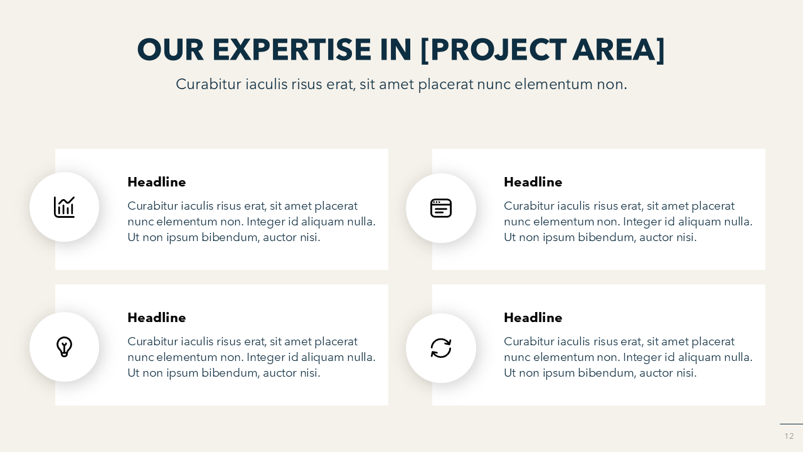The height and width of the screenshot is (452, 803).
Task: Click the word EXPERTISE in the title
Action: tap(292, 50)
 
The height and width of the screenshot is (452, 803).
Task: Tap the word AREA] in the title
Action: tap(619, 50)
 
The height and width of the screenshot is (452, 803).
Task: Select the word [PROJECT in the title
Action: tap(494, 50)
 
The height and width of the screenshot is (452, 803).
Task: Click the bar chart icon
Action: tap(65, 207)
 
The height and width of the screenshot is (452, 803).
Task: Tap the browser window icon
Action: tap(441, 208)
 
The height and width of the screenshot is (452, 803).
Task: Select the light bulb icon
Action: tap(65, 347)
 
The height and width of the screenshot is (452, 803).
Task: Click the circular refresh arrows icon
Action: tap(441, 348)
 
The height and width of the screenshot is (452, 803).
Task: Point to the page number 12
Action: tap(789, 436)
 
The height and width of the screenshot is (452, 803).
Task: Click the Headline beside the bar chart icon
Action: tap(157, 182)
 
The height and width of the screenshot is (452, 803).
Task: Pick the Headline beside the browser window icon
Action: tap(533, 182)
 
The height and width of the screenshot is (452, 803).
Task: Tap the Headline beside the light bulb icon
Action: tap(157, 318)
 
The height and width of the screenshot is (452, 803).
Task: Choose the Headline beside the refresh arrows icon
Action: tap(533, 318)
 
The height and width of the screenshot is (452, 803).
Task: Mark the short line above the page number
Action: tap(791, 424)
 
